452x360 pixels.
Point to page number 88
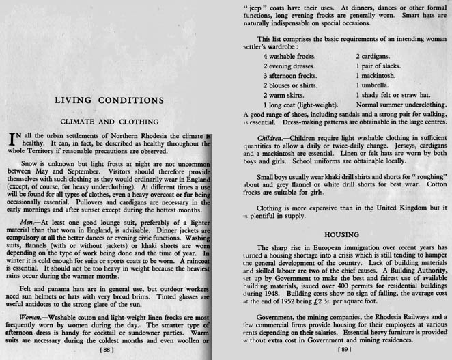[x=107, y=349]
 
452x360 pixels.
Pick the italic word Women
[x=32, y=317]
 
